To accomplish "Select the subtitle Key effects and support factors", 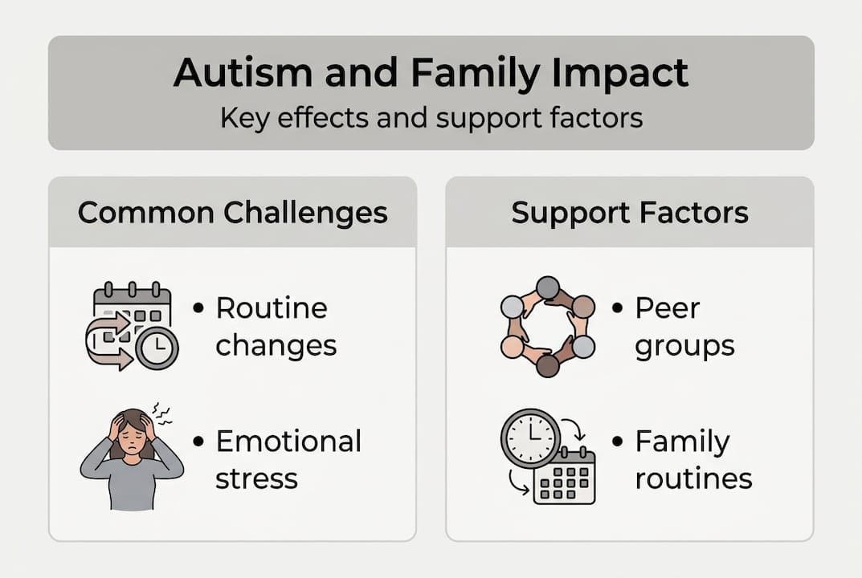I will coord(431,118).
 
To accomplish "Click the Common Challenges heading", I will coord(232,213).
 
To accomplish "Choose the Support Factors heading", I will coord(630,213).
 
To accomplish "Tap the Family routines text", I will coord(693,459).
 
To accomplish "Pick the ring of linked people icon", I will coord(547,326).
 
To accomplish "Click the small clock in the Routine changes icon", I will coord(157,348).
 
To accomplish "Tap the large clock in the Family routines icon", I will coord(530,438).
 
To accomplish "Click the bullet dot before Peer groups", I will coord(618,308).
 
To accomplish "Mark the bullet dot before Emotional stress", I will coord(198,442).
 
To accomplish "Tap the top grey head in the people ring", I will coord(548,287).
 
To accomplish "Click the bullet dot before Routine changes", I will coord(198,308).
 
